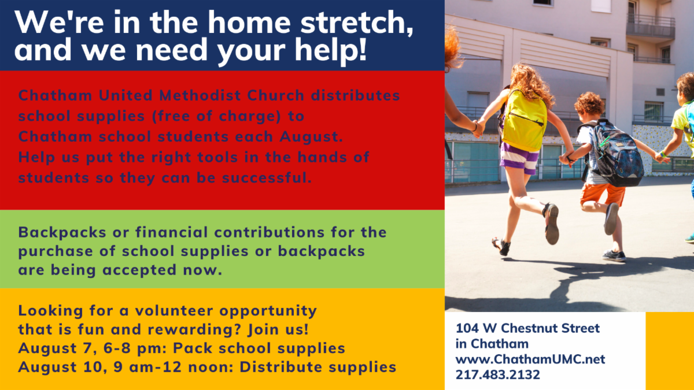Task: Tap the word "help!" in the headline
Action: (331, 50)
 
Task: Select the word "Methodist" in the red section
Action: (200, 95)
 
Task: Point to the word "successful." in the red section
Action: (267, 178)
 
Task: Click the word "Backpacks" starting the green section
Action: (62, 232)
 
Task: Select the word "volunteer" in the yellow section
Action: (174, 311)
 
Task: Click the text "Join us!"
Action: (278, 329)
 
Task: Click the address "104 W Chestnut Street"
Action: (527, 328)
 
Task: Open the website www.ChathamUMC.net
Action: (530, 359)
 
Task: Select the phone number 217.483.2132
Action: (497, 375)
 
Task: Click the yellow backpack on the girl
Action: (523, 121)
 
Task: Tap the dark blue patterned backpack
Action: (615, 155)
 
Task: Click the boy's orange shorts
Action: (602, 196)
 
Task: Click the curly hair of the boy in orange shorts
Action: (589, 103)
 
